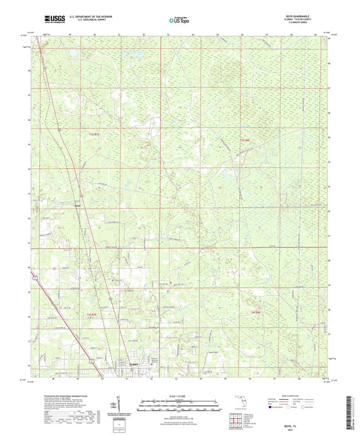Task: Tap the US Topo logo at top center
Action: (x=180, y=21)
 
